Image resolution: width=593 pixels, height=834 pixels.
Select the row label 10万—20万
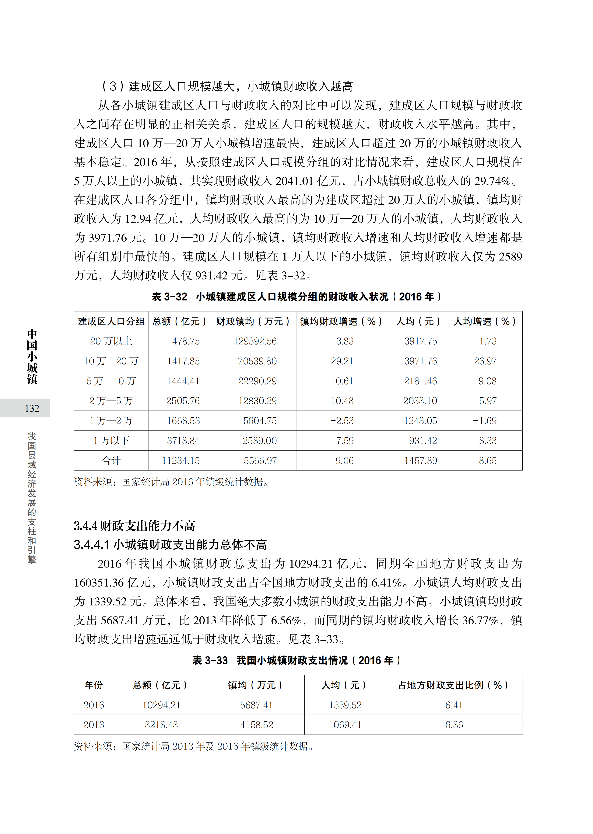(111, 361)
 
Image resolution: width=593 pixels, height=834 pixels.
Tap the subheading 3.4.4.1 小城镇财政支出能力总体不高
(170, 545)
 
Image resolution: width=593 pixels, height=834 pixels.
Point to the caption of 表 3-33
(296, 660)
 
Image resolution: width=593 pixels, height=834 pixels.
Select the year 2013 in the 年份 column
(94, 725)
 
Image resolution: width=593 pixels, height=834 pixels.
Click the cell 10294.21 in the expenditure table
(161, 705)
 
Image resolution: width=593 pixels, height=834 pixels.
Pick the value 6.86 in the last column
(454, 725)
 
